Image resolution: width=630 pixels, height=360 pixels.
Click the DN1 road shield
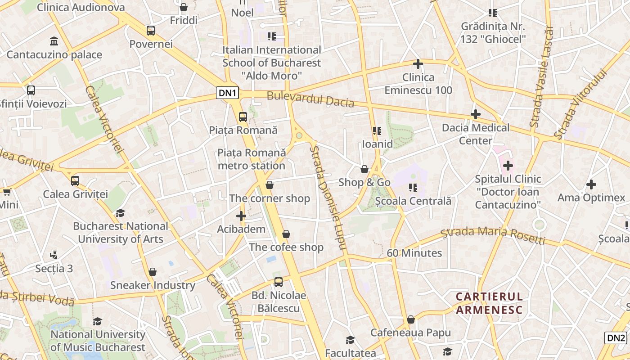click(x=228, y=93)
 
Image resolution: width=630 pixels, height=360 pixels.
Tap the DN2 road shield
click(x=616, y=338)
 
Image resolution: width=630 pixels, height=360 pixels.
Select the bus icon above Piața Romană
click(x=243, y=117)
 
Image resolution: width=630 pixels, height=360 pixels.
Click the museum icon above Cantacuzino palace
click(x=54, y=41)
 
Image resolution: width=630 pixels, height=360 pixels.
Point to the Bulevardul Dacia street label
click(x=310, y=99)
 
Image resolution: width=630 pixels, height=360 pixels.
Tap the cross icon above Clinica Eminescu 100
click(x=418, y=64)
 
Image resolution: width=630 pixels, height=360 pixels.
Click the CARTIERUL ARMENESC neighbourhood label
click(x=489, y=303)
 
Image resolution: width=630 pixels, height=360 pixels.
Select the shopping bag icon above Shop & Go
click(x=364, y=169)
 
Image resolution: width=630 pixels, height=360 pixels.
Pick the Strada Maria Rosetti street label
click(x=493, y=235)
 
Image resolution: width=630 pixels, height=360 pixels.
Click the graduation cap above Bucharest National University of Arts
click(x=120, y=213)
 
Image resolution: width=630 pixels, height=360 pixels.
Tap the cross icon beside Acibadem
click(x=241, y=216)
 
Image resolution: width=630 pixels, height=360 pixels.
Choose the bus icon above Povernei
click(x=151, y=31)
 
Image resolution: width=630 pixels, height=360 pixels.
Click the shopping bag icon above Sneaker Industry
click(x=153, y=272)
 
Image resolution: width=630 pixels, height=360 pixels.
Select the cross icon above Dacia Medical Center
click(x=476, y=114)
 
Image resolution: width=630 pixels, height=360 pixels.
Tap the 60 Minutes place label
click(x=414, y=253)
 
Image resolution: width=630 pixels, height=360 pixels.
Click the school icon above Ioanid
click(x=377, y=131)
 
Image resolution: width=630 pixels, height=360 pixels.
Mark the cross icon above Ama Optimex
click(x=591, y=184)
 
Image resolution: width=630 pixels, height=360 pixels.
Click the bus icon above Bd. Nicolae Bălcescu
click(x=279, y=282)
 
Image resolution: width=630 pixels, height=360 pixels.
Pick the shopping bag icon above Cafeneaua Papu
click(x=410, y=319)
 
